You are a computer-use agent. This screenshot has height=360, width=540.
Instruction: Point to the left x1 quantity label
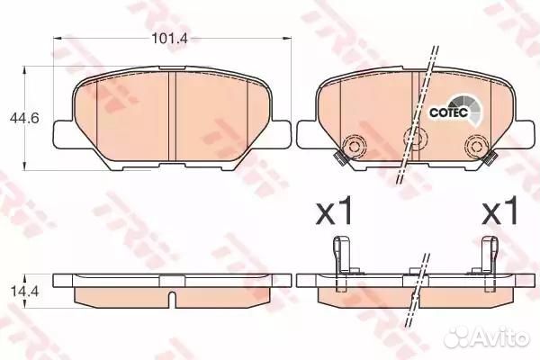[x=335, y=213]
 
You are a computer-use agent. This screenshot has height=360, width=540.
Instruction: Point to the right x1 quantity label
[x=502, y=213]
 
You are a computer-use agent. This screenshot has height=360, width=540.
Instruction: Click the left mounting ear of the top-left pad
[x=62, y=134]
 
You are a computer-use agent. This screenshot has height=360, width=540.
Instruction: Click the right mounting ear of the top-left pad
[x=280, y=134]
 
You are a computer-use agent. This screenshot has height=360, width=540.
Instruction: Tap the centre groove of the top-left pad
[x=171, y=112]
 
